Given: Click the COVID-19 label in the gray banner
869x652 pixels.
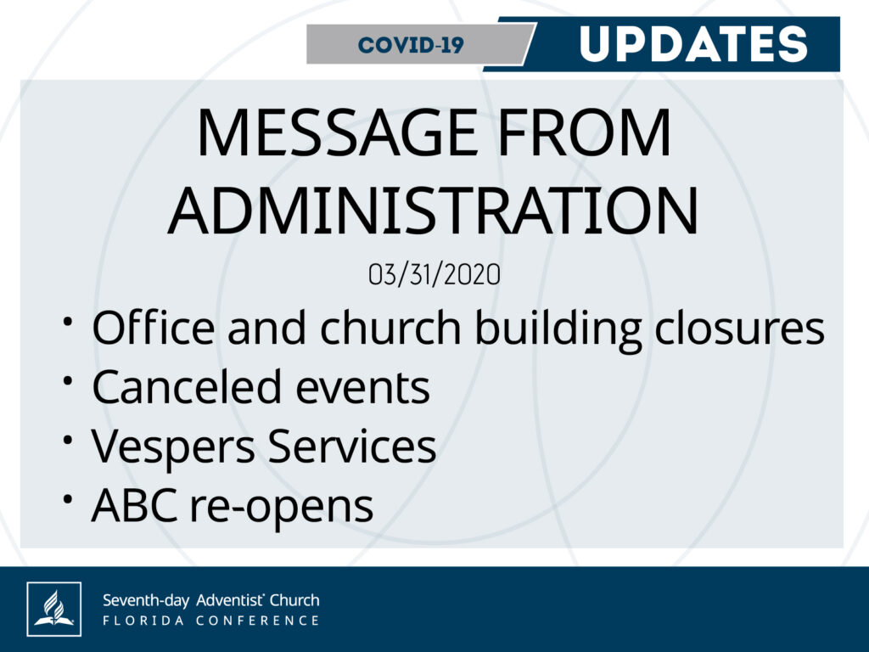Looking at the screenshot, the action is click(x=411, y=45).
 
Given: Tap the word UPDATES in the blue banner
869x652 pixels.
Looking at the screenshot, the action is click(x=693, y=44).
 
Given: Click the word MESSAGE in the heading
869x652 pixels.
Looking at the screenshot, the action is click(x=337, y=133).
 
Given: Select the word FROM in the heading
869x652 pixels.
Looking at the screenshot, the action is click(x=585, y=133).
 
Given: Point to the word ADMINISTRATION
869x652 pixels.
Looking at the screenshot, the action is click(x=434, y=211).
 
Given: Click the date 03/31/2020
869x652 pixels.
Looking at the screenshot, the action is click(x=434, y=274).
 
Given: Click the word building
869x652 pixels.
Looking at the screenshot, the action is click(x=558, y=330).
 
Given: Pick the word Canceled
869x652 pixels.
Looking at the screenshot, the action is click(x=187, y=386).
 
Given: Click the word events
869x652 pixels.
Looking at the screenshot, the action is click(x=362, y=388).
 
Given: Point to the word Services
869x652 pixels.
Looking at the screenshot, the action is click(x=352, y=446).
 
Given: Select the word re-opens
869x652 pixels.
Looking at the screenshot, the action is click(x=282, y=509).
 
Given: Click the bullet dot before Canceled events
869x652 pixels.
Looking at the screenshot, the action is click(x=68, y=380).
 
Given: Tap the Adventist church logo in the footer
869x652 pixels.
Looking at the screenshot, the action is click(x=53, y=609).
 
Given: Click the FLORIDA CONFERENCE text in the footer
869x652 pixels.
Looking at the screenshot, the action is click(x=211, y=621).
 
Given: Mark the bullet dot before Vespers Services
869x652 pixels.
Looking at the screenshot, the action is click(x=68, y=440).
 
